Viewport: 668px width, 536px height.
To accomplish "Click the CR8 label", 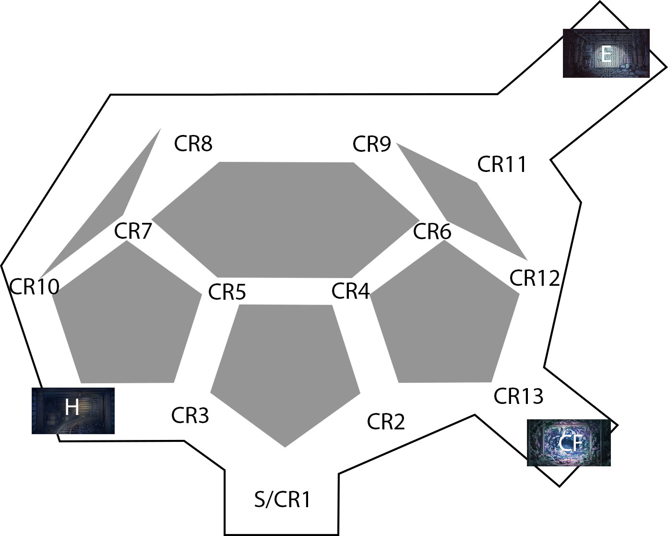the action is pyautogui.click(x=193, y=144).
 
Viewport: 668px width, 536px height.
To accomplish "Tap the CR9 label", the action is pyautogui.click(x=371, y=144).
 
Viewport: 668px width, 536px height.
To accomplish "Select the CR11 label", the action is pyautogui.click(x=501, y=164).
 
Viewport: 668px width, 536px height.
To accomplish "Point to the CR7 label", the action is pyautogui.click(x=133, y=231).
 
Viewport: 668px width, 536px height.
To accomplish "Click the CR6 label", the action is pyautogui.click(x=432, y=232).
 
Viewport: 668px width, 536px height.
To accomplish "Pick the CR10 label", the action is pyautogui.click(x=34, y=286).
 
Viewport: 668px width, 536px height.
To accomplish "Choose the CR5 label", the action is pyautogui.click(x=227, y=292).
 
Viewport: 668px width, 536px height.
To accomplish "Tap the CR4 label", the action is pyautogui.click(x=350, y=291).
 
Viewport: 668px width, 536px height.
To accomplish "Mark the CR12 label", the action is pyautogui.click(x=535, y=278).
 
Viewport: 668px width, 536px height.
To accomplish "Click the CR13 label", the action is pyautogui.click(x=518, y=396).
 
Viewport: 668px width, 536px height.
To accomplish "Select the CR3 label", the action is pyautogui.click(x=190, y=415).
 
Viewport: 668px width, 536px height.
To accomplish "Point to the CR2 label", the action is pyautogui.click(x=386, y=422).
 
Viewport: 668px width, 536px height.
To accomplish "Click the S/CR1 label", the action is pyautogui.click(x=282, y=500).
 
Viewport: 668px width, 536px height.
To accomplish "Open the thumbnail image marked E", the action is pyautogui.click(x=606, y=53).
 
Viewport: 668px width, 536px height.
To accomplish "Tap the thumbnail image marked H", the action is pyautogui.click(x=73, y=411).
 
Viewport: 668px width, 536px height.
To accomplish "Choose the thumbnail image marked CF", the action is pyautogui.click(x=569, y=443).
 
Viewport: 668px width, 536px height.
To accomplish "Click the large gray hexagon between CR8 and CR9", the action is pyautogui.click(x=286, y=220).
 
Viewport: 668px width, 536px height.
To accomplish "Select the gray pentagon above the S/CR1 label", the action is pyautogui.click(x=285, y=366).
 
